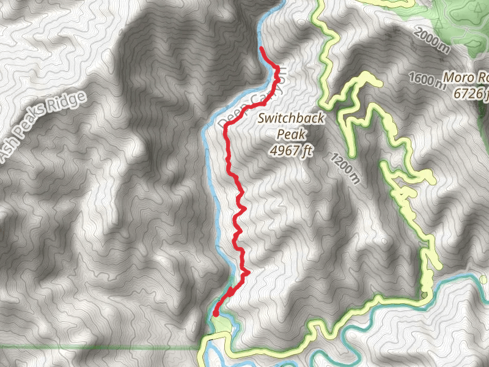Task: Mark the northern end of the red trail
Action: [x=261, y=48]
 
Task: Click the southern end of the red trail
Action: [x=215, y=314]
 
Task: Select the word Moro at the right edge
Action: [x=459, y=78]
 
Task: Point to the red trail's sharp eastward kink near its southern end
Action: [x=249, y=273]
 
